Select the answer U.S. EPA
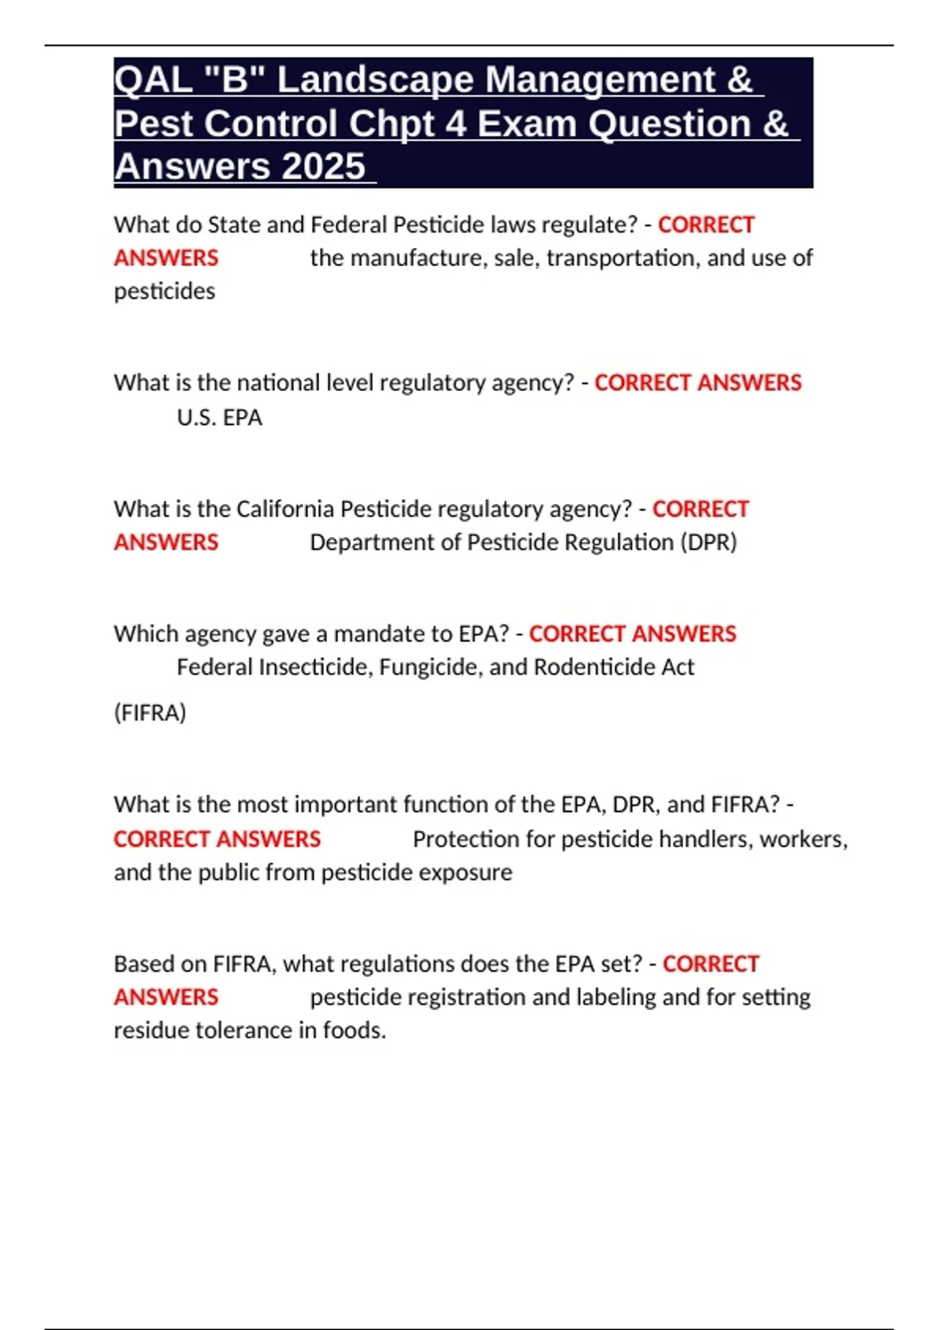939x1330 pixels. coord(219,418)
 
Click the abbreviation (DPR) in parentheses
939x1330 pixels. coord(708,542)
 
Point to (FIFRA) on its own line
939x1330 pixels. coord(150,713)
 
